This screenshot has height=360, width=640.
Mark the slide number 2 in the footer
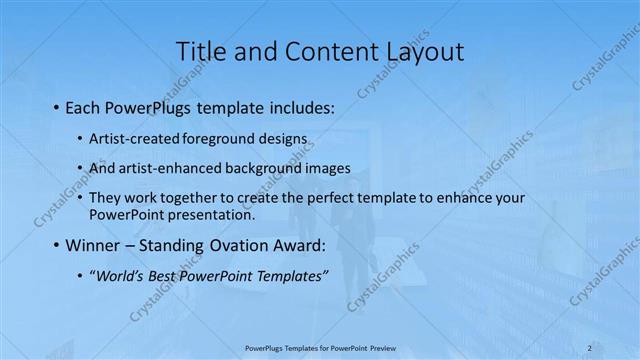pos(590,348)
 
